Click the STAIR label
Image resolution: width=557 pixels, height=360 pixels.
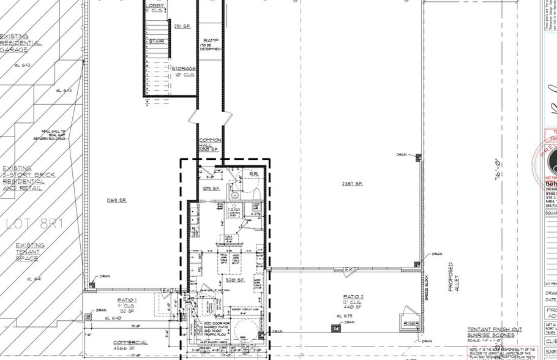click(x=156, y=42)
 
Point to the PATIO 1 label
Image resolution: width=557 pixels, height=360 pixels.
click(x=127, y=299)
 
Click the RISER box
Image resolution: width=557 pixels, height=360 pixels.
click(x=409, y=323)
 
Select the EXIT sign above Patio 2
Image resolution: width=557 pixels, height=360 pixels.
click(x=351, y=269)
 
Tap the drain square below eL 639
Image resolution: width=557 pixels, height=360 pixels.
click(x=335, y=328)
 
